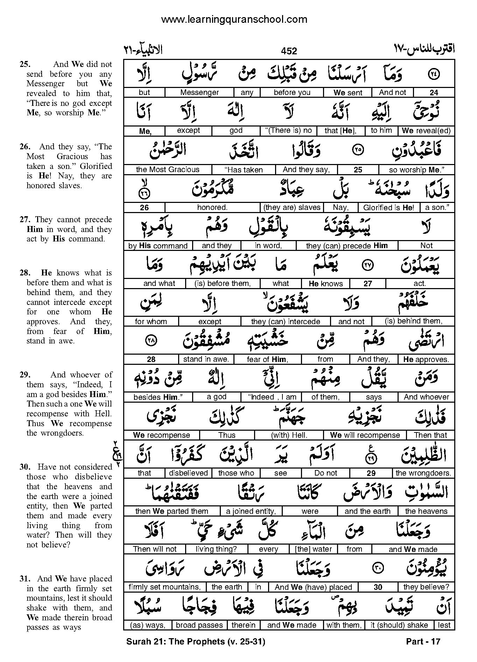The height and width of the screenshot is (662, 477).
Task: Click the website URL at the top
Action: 234,20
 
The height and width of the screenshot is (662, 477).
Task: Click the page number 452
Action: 289,51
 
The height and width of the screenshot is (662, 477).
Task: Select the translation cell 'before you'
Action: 292,93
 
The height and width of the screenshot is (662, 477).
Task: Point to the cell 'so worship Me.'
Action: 416,170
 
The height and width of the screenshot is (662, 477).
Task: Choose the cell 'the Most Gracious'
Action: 167,170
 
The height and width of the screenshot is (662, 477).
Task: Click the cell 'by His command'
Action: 158,246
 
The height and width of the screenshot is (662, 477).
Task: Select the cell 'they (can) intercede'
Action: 285,322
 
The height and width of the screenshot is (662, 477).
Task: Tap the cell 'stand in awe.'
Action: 206,359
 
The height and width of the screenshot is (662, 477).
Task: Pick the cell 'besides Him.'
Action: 158,397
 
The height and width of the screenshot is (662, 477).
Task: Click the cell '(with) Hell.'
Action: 289,435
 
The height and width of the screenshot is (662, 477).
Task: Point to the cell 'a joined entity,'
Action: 251,511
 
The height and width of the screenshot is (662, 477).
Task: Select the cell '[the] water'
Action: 313,549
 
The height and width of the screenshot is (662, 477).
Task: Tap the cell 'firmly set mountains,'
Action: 164,587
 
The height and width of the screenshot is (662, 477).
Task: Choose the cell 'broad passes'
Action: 199,625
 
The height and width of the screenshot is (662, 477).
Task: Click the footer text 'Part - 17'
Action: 423,642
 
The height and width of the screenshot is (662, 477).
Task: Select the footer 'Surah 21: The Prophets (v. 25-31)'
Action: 196,642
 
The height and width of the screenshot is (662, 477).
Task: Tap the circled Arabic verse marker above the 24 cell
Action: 434,74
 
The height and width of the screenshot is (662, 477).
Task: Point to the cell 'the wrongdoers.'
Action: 423,473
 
